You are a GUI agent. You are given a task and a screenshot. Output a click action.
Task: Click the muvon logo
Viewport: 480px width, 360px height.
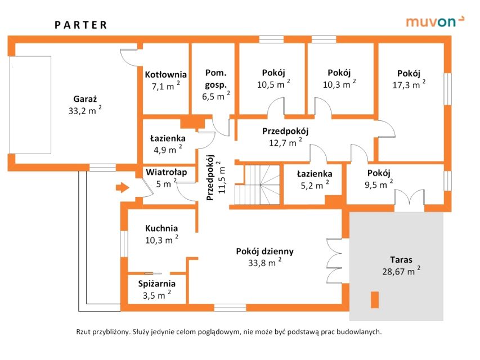(435, 22)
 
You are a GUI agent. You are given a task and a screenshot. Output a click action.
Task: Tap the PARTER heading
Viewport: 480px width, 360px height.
(80, 25)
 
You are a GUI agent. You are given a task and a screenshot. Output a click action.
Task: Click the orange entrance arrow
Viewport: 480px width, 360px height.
(122, 187)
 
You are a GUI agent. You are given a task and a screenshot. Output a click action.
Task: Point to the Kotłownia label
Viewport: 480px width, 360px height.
(165, 74)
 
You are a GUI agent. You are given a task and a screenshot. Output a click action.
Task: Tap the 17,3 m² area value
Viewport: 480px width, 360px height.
(408, 85)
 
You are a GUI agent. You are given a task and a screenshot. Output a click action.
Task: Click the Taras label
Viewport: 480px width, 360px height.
(401, 260)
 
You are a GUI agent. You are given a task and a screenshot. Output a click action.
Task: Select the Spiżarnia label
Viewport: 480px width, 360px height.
(157, 283)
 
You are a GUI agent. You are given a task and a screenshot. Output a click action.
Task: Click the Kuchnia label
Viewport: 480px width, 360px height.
(161, 228)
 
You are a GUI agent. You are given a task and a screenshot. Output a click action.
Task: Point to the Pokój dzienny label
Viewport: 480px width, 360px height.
(264, 251)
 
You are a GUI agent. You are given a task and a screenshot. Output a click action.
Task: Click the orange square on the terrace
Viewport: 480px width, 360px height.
(374, 300)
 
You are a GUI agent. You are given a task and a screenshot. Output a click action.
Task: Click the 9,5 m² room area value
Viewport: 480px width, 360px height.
(378, 184)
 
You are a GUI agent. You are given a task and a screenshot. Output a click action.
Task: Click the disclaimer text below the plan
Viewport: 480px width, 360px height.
(228, 332)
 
